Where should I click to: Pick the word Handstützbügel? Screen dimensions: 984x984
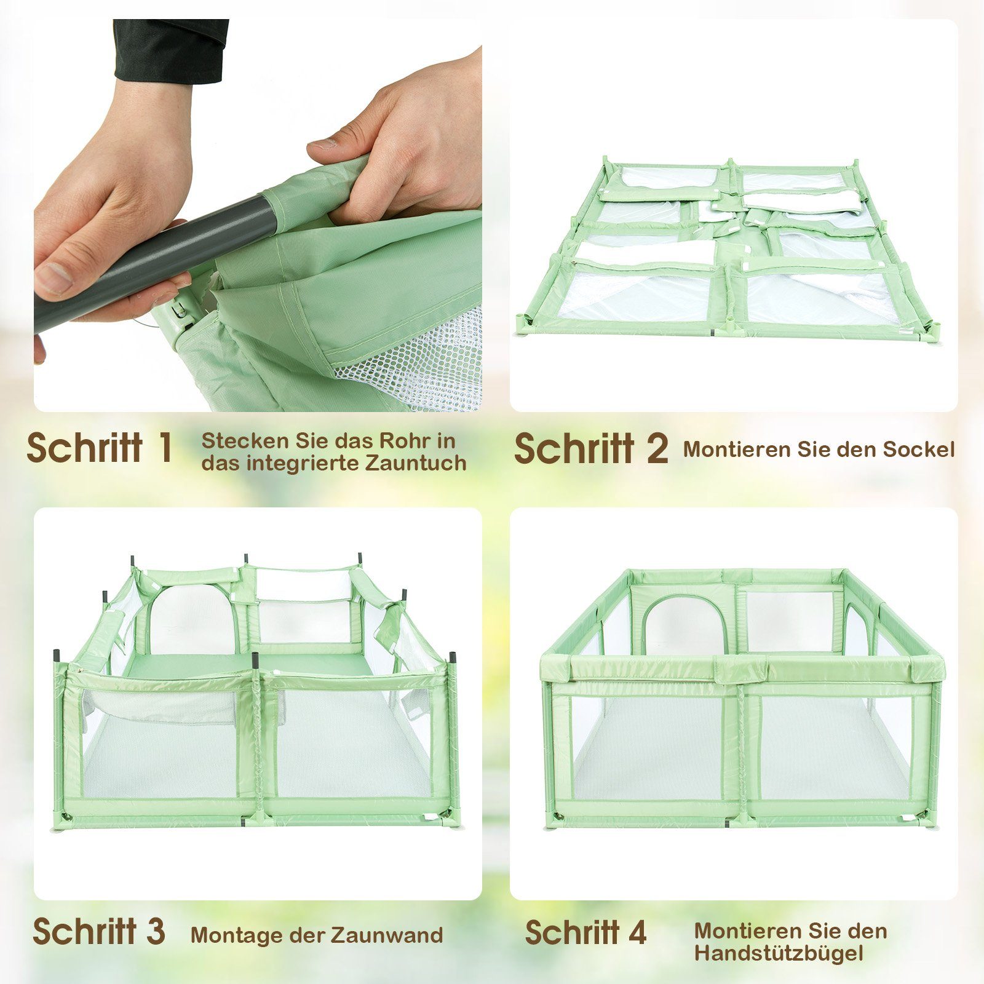(779, 953)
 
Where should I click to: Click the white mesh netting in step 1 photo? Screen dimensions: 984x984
(424, 363)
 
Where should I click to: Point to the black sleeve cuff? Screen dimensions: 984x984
(171, 49)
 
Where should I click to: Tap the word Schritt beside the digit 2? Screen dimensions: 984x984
(574, 448)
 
